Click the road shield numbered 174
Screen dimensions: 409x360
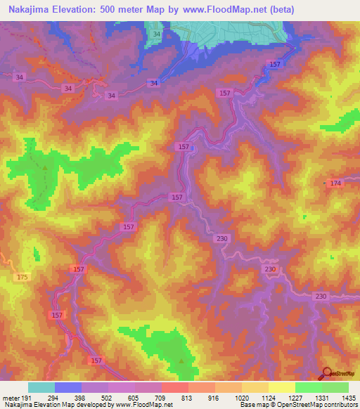tap(335, 183)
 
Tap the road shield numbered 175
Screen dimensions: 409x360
tap(22, 278)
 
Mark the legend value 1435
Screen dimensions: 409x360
tap(347, 398)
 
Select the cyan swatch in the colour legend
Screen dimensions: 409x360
tap(41, 387)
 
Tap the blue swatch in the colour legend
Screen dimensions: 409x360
tap(68, 387)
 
